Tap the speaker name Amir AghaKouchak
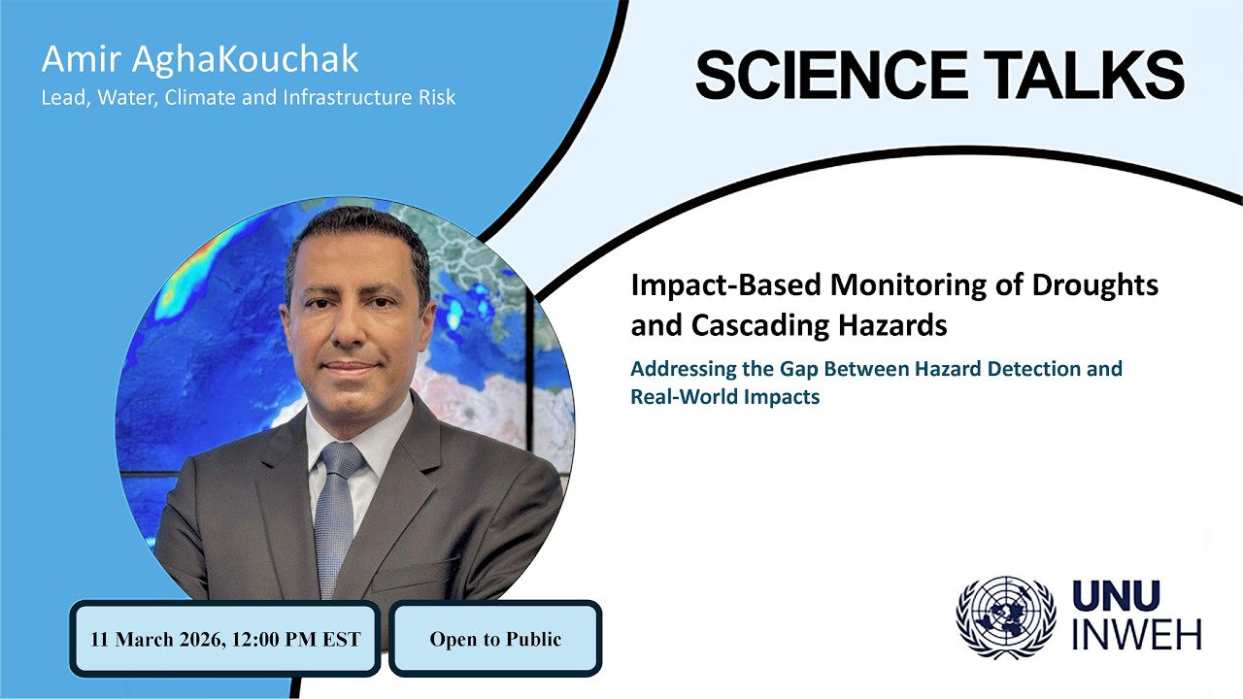[x=200, y=59]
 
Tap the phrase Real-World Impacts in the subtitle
[x=724, y=397]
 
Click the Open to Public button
[x=495, y=639]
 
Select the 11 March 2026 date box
[x=224, y=639]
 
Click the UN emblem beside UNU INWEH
[x=1005, y=617]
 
